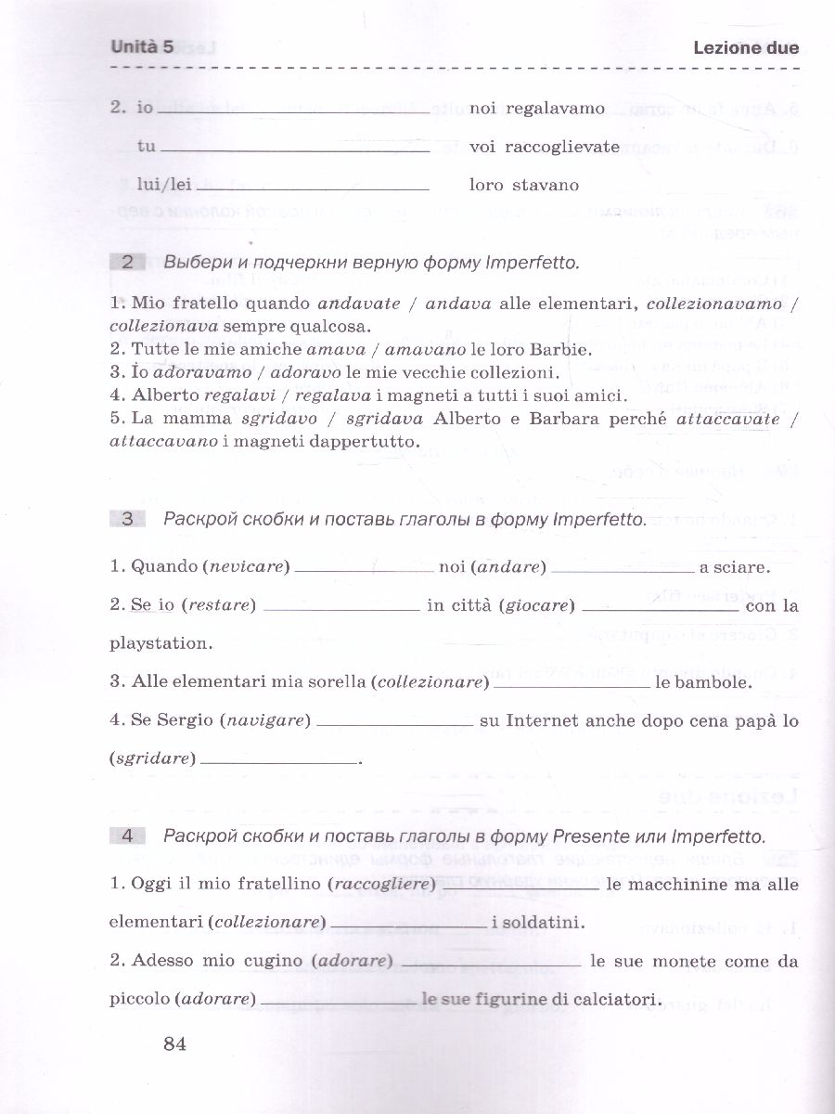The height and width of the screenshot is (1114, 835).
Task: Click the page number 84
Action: point(175,1044)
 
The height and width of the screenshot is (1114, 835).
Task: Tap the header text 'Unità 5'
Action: point(142,47)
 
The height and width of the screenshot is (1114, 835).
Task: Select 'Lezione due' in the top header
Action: point(745,48)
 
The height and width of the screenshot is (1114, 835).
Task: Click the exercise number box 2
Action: point(128,263)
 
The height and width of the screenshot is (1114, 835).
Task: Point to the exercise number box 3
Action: point(128,520)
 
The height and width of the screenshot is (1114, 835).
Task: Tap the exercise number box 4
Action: point(128,836)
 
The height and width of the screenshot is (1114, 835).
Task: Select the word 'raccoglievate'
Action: point(560,147)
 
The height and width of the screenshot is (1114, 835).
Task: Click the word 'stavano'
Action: point(545,185)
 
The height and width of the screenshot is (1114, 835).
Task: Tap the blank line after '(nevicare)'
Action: point(364,568)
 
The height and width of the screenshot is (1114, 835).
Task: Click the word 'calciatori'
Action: point(617,1000)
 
